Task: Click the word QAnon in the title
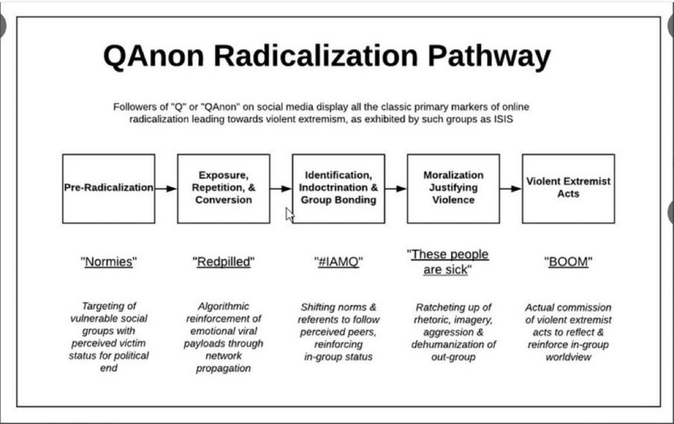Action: (153, 57)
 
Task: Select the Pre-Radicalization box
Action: (109, 188)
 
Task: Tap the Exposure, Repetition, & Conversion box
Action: (223, 188)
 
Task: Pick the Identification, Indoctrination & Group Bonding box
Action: (338, 188)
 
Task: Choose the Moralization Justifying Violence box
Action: (453, 188)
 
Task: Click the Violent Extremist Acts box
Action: (568, 188)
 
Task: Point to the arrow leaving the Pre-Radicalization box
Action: (166, 188)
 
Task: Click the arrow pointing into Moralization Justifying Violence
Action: (396, 188)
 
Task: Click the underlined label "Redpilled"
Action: (223, 262)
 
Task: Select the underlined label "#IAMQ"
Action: (338, 262)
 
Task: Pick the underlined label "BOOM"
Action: (568, 262)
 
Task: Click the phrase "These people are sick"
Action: (448, 262)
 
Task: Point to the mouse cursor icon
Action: (290, 215)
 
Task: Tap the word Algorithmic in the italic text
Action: (223, 306)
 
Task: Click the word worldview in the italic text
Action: (568, 356)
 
